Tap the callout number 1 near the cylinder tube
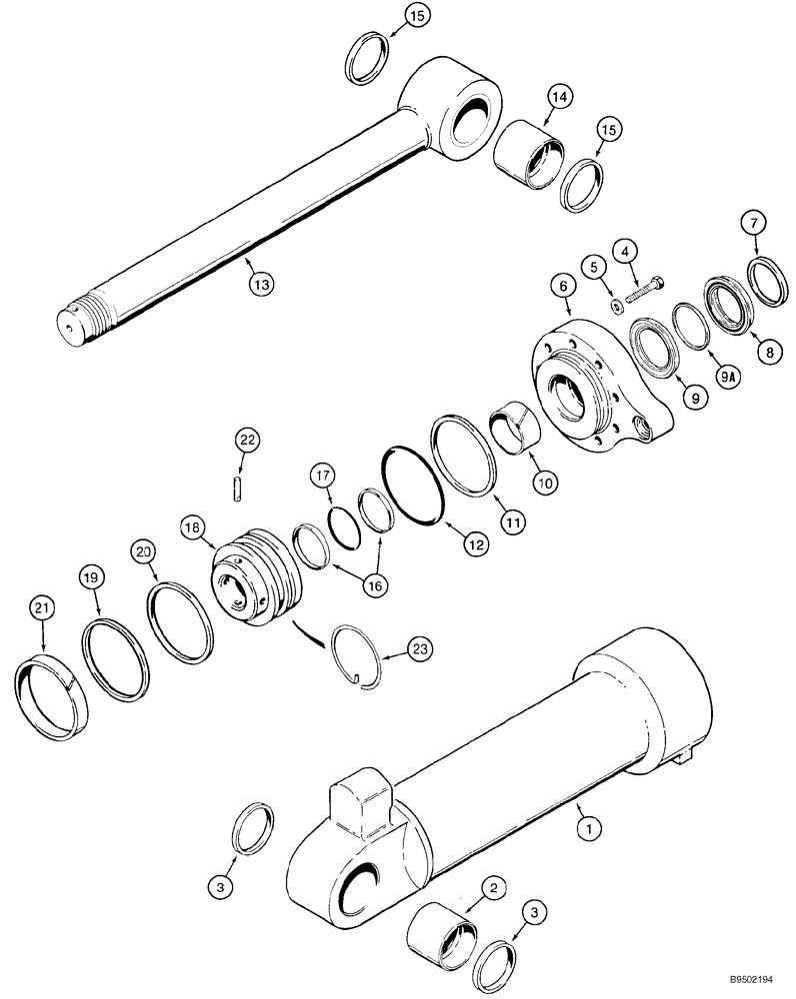click(x=590, y=826)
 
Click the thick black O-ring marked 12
click(x=412, y=484)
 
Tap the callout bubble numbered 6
click(x=563, y=286)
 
